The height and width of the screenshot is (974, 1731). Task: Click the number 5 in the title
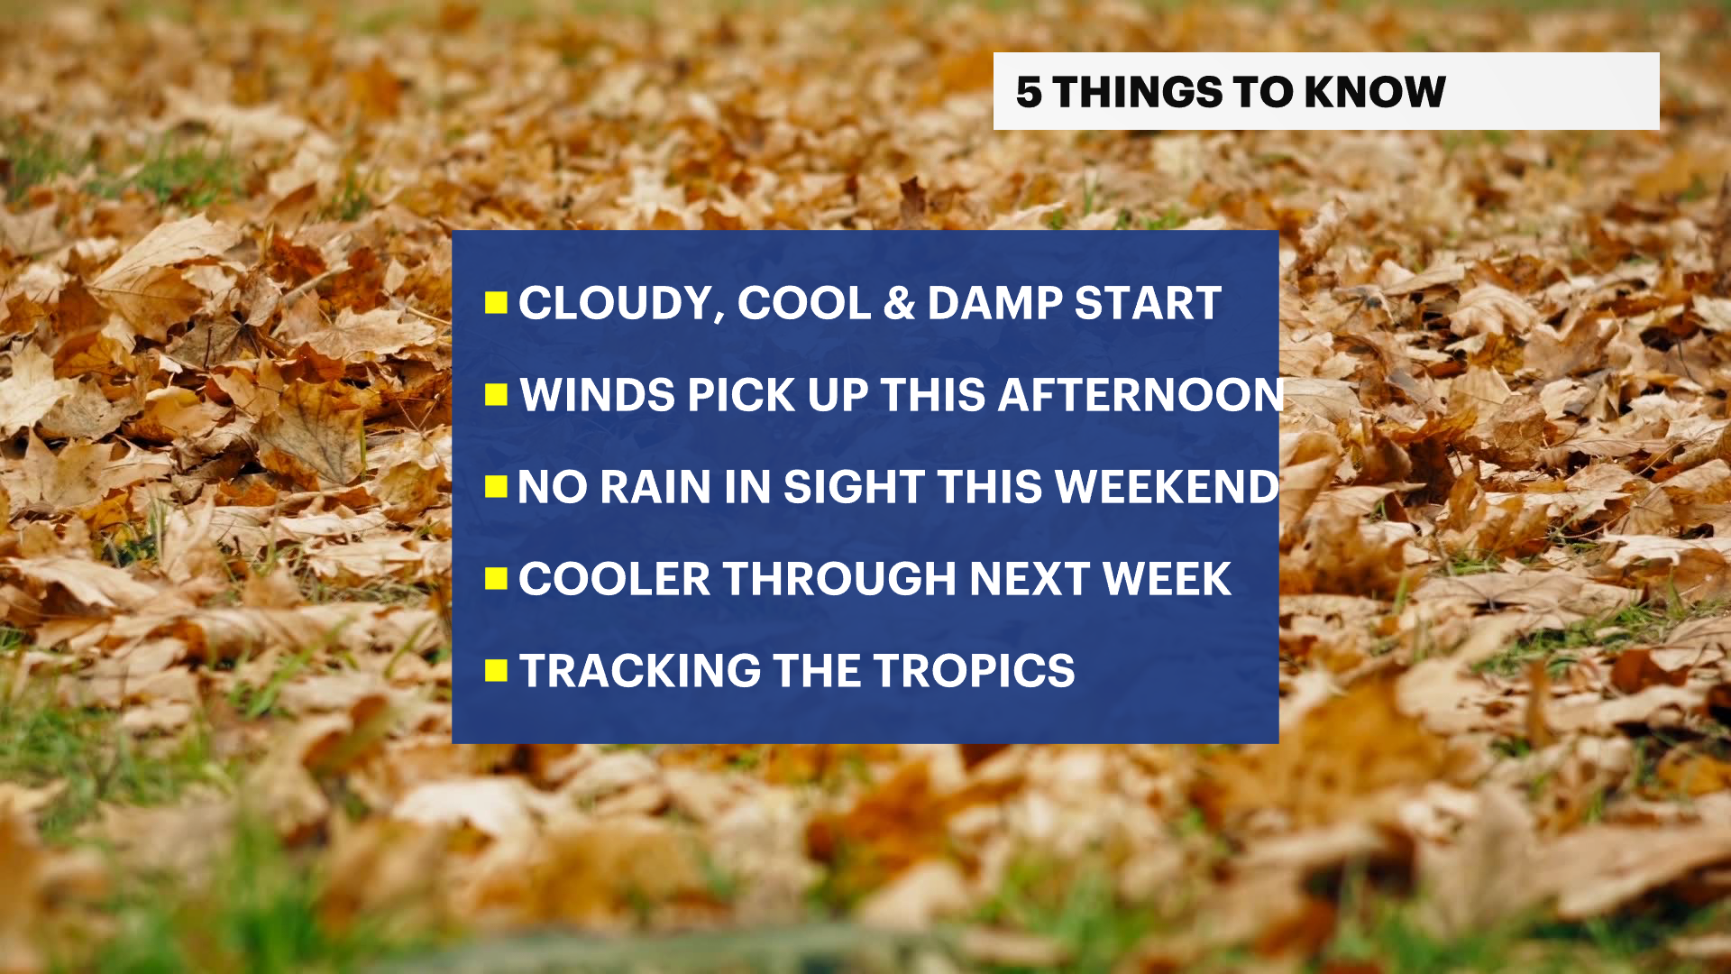[x=1029, y=92]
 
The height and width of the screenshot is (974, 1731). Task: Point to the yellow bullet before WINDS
[x=496, y=395]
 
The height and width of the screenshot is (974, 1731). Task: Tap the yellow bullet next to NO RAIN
[x=496, y=487]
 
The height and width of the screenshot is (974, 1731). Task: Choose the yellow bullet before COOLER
[x=496, y=578]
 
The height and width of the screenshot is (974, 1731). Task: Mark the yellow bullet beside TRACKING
[x=496, y=670]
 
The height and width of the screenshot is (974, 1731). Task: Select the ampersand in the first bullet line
[x=899, y=303]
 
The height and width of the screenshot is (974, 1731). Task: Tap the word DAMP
[x=995, y=303]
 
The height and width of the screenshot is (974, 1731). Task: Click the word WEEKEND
[x=1168, y=487]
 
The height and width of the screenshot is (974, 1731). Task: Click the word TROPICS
[x=974, y=671]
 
